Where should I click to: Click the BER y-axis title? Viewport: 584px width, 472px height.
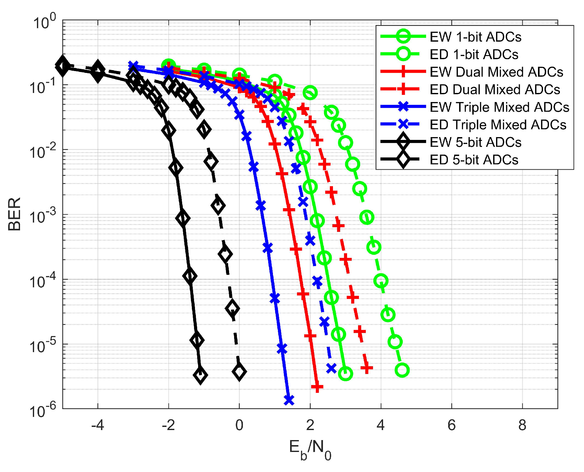(x=14, y=214)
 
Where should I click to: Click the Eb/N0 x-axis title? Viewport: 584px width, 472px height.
(x=310, y=449)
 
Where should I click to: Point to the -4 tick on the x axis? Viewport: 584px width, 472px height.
(x=98, y=425)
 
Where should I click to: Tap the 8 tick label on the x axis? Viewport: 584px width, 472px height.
(x=522, y=425)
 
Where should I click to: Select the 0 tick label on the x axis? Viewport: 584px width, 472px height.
(x=239, y=425)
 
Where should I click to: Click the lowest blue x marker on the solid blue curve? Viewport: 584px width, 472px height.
(x=289, y=400)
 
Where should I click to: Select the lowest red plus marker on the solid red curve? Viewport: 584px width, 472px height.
(x=317, y=387)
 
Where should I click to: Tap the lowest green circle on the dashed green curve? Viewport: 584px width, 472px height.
(x=402, y=370)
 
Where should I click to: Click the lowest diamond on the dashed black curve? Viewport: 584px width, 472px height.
(x=239, y=372)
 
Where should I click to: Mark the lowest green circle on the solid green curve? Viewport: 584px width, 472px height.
(x=346, y=373)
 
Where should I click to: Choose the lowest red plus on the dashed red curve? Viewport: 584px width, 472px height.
(x=366, y=368)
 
